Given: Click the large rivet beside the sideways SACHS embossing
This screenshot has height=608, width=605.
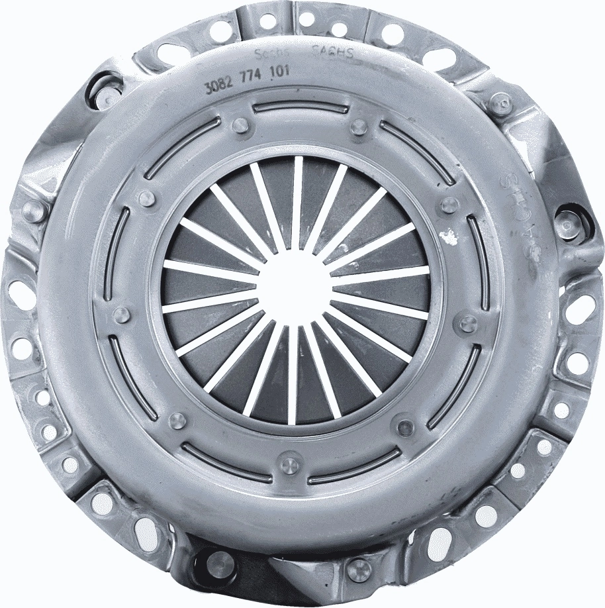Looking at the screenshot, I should click(x=568, y=225).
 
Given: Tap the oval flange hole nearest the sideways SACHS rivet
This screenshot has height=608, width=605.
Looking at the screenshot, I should click(x=581, y=307).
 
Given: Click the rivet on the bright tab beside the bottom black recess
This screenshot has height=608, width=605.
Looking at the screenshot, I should click(x=358, y=568).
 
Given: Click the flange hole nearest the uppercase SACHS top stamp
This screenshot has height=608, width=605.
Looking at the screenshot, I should click(x=339, y=28).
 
